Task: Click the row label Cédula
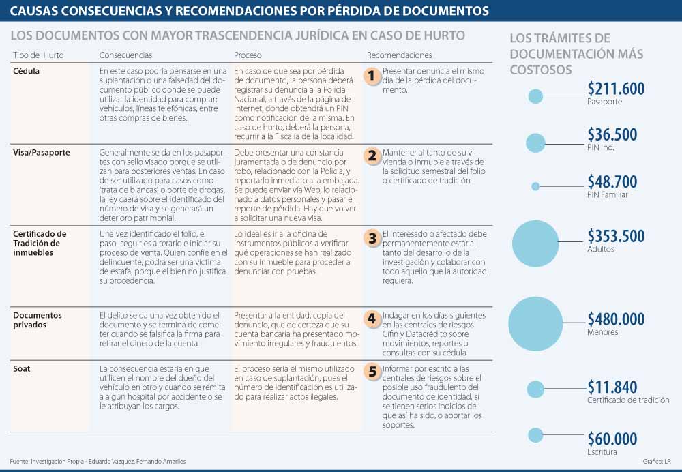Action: (27, 71)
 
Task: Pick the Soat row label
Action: (21, 369)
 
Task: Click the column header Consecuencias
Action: (125, 55)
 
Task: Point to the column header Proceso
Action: (248, 55)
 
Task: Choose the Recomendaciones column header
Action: (399, 55)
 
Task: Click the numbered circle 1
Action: (371, 76)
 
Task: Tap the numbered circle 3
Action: (372, 239)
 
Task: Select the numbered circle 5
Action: (372, 372)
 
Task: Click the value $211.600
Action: (616, 89)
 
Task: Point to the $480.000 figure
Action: (616, 319)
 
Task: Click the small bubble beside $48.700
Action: (535, 186)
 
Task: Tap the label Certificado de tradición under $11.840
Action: (628, 400)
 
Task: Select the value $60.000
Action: (612, 439)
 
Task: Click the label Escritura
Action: (602, 452)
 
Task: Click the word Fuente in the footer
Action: (20, 462)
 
